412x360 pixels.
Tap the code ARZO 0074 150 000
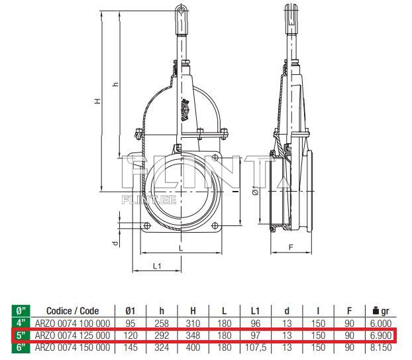(x=72, y=347)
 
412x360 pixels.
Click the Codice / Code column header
(x=72, y=310)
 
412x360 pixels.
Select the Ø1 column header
(x=130, y=310)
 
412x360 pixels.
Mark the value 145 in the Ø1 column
(x=130, y=347)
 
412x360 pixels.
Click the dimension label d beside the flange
(x=115, y=243)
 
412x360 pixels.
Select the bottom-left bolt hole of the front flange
(x=147, y=227)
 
